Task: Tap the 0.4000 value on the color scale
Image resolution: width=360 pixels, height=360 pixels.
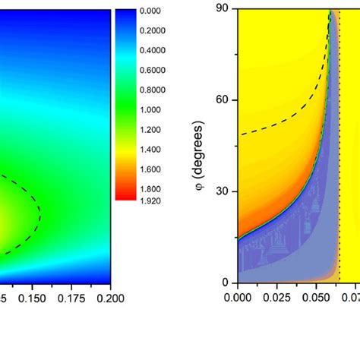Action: coord(153,51)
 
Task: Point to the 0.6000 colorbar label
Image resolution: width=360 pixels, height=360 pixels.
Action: coord(153,71)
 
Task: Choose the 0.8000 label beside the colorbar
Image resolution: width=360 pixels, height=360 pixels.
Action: coord(153,90)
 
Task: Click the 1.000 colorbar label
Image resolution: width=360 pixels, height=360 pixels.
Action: coord(151,110)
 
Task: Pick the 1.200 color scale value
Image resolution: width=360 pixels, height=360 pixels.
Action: coord(151,130)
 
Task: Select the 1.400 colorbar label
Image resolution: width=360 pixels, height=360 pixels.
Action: coord(151,150)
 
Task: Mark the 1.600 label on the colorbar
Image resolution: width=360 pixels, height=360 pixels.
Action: coord(151,169)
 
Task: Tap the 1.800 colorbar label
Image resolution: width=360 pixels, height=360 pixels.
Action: coord(151,189)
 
